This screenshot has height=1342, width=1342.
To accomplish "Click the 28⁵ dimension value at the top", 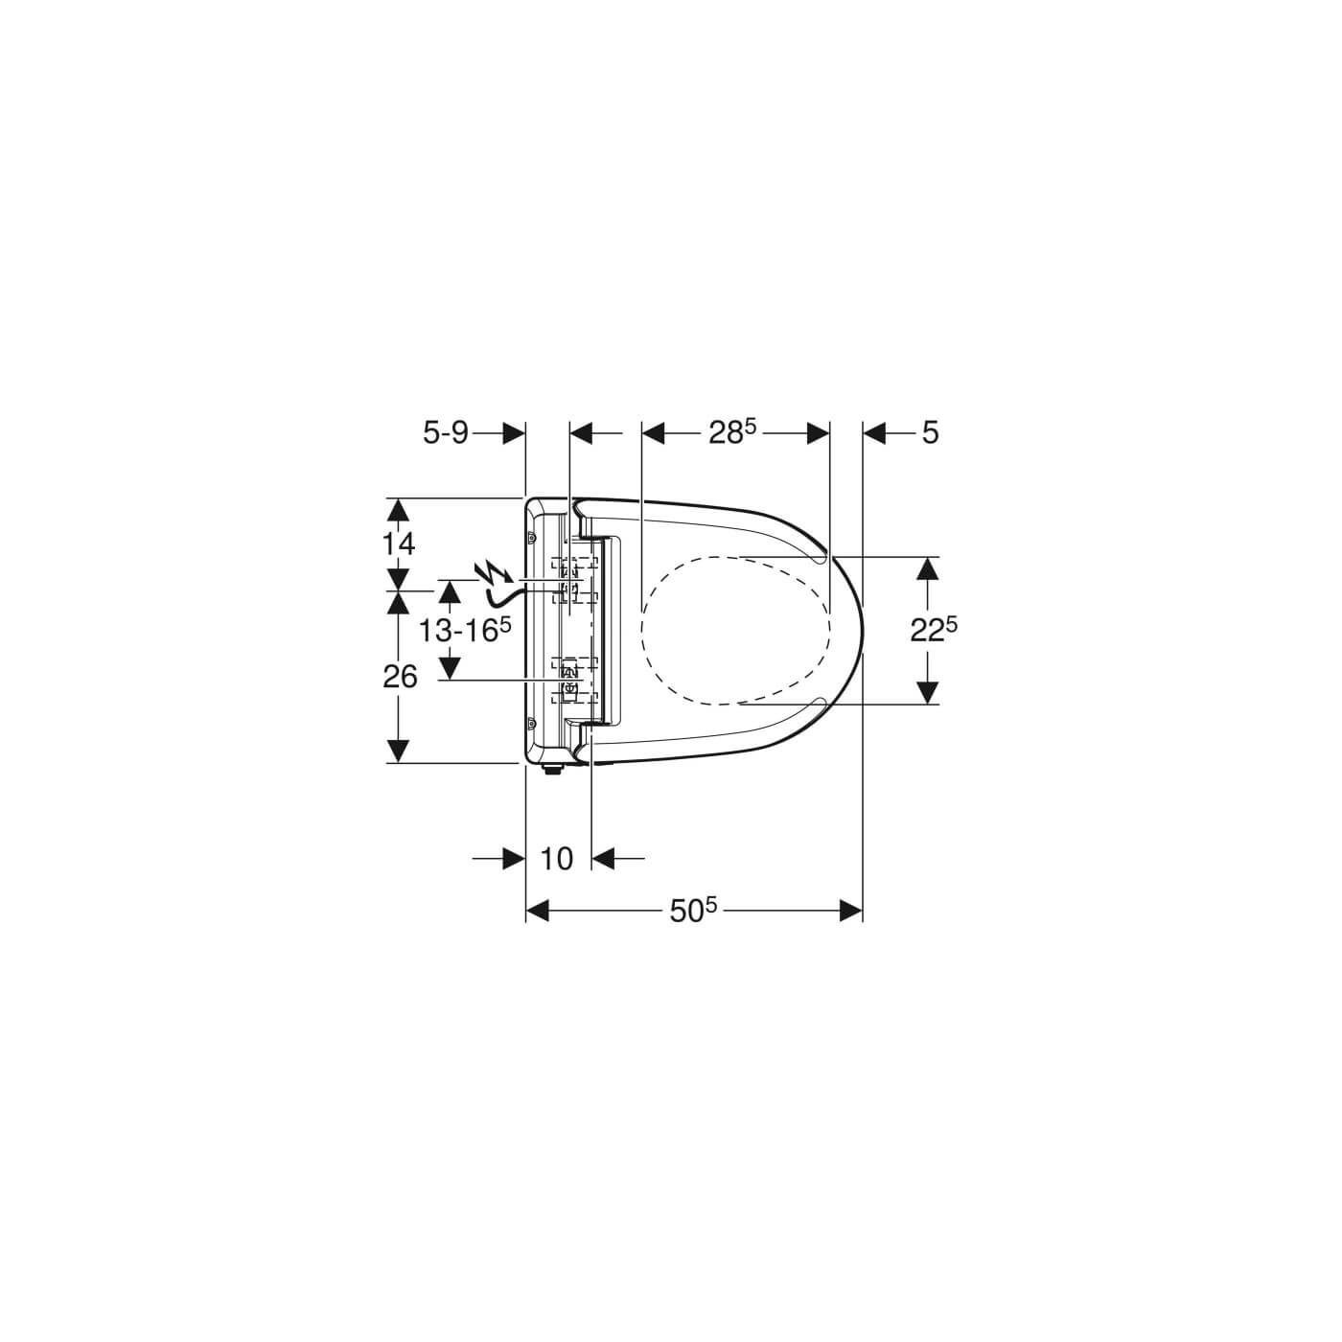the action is tap(732, 433).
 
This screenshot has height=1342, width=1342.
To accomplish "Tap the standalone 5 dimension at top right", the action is tap(931, 433).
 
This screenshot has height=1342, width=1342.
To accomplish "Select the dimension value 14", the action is tap(399, 544).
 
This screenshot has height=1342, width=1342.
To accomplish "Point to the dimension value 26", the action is tap(400, 676).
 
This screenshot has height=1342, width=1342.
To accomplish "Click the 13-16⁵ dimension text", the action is tap(465, 630).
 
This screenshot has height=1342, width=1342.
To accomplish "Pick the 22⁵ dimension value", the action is tap(934, 630).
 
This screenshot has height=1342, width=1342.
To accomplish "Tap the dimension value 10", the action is tap(556, 859).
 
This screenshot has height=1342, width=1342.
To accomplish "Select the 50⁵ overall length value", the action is tap(693, 911).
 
